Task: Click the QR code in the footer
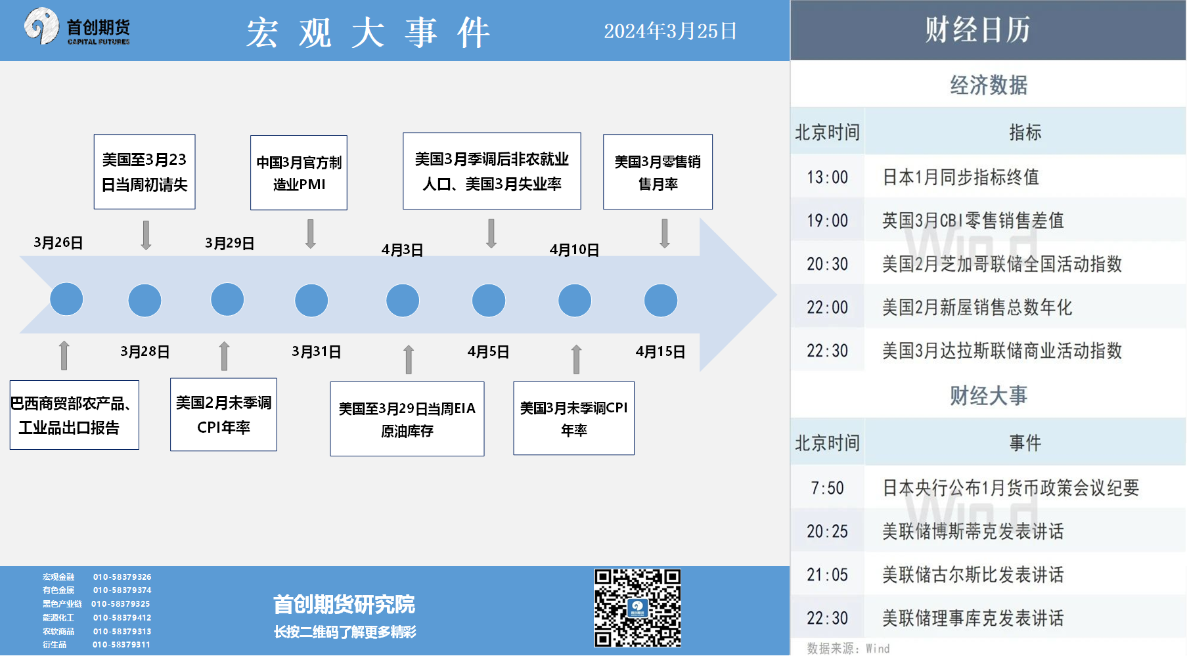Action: (637, 608)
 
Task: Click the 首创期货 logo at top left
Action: (77, 27)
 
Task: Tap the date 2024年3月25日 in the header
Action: (670, 31)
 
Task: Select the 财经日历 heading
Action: (977, 30)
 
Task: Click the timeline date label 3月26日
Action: (58, 242)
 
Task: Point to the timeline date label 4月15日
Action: (660, 351)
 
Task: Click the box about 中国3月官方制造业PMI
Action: (299, 173)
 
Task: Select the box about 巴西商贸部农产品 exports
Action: (74, 415)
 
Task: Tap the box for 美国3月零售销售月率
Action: (658, 172)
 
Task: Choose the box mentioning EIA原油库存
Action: (407, 419)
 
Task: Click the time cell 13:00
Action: (827, 177)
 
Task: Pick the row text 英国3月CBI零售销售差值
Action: (973, 221)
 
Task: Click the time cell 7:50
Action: (827, 488)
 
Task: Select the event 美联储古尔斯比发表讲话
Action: (973, 575)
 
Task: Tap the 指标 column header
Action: (1025, 132)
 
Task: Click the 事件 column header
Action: (1025, 443)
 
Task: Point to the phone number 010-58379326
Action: (122, 577)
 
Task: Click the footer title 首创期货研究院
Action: (344, 604)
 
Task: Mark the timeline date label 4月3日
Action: (402, 250)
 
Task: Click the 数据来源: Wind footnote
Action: (848, 649)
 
